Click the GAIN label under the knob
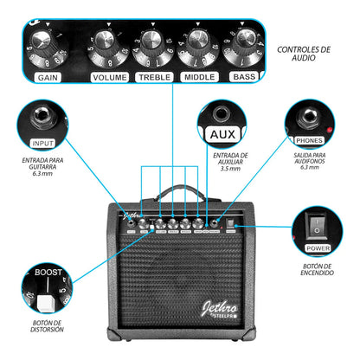point(47,77)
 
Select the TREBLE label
point(155,77)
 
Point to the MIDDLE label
point(200,77)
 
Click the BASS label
point(244,77)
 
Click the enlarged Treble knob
point(152,45)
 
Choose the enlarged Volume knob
point(106,45)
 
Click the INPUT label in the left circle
point(42,143)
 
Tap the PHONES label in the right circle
point(309,138)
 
